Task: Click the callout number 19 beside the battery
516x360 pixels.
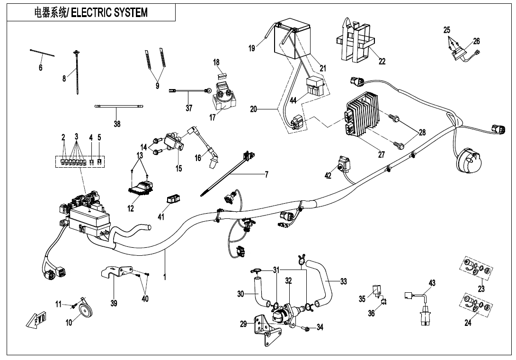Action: pyautogui.click(x=251, y=47)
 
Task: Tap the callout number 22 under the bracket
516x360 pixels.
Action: pyautogui.click(x=382, y=61)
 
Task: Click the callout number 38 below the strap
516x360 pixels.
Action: pyautogui.click(x=117, y=124)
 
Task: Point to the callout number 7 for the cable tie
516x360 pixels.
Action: pyautogui.click(x=267, y=175)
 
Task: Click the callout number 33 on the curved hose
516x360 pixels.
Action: pyautogui.click(x=343, y=281)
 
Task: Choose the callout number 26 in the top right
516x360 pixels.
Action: pyautogui.click(x=476, y=41)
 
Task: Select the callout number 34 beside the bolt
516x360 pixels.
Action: pyautogui.click(x=320, y=327)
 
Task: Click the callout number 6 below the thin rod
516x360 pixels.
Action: pyautogui.click(x=41, y=68)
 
